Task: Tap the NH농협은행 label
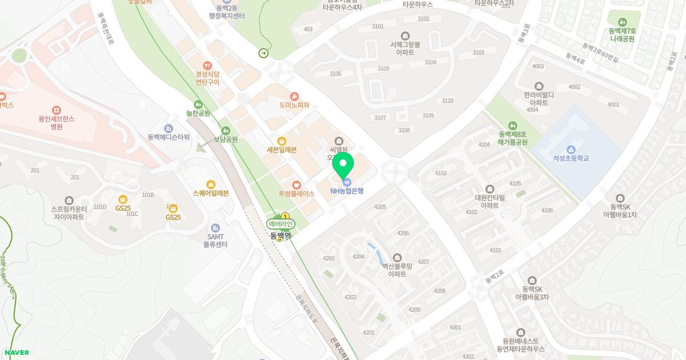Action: (x=347, y=191)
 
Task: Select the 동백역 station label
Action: (x=281, y=234)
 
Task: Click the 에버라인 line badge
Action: (x=280, y=224)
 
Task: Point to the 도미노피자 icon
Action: (x=294, y=96)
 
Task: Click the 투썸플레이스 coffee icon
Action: (x=296, y=185)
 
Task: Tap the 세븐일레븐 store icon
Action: (x=281, y=141)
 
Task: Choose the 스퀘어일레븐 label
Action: (x=211, y=193)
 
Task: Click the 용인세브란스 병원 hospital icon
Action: (x=57, y=110)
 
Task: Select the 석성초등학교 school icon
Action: (x=571, y=149)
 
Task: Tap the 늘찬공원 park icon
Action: (x=198, y=104)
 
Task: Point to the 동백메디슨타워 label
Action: (x=168, y=137)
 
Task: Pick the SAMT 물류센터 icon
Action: (x=216, y=227)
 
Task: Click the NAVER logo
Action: (x=16, y=353)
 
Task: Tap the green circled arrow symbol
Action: (x=264, y=53)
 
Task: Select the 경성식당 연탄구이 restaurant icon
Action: (x=208, y=65)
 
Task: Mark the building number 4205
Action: (x=380, y=207)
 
